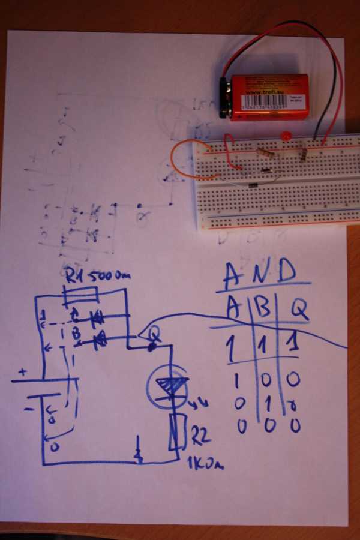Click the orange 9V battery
267,97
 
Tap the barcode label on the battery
273,101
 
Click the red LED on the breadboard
286,136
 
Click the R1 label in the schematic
77,277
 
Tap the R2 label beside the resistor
201,438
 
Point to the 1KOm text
205,463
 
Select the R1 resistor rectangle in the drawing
80,295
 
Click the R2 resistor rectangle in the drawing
178,431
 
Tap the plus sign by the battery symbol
22,372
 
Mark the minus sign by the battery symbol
28,409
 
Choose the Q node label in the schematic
155,331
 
